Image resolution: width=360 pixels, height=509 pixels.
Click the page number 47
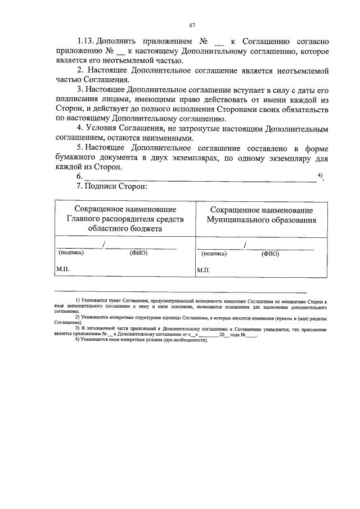(x=192, y=25)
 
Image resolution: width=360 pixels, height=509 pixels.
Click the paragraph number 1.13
(x=85, y=42)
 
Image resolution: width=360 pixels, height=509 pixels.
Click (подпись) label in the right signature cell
(x=214, y=254)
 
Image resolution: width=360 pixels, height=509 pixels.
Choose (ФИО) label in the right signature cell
(x=271, y=254)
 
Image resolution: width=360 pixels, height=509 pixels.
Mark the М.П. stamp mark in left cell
(x=61, y=270)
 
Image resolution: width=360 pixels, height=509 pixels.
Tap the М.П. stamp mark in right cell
(x=204, y=271)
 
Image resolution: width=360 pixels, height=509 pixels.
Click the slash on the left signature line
(x=103, y=244)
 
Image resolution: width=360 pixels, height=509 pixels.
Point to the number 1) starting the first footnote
(x=78, y=302)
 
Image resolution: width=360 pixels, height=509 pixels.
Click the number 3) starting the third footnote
(x=78, y=327)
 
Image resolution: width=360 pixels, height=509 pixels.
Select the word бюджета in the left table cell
(x=146, y=229)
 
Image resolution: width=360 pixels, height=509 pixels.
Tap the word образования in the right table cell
(x=291, y=219)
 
